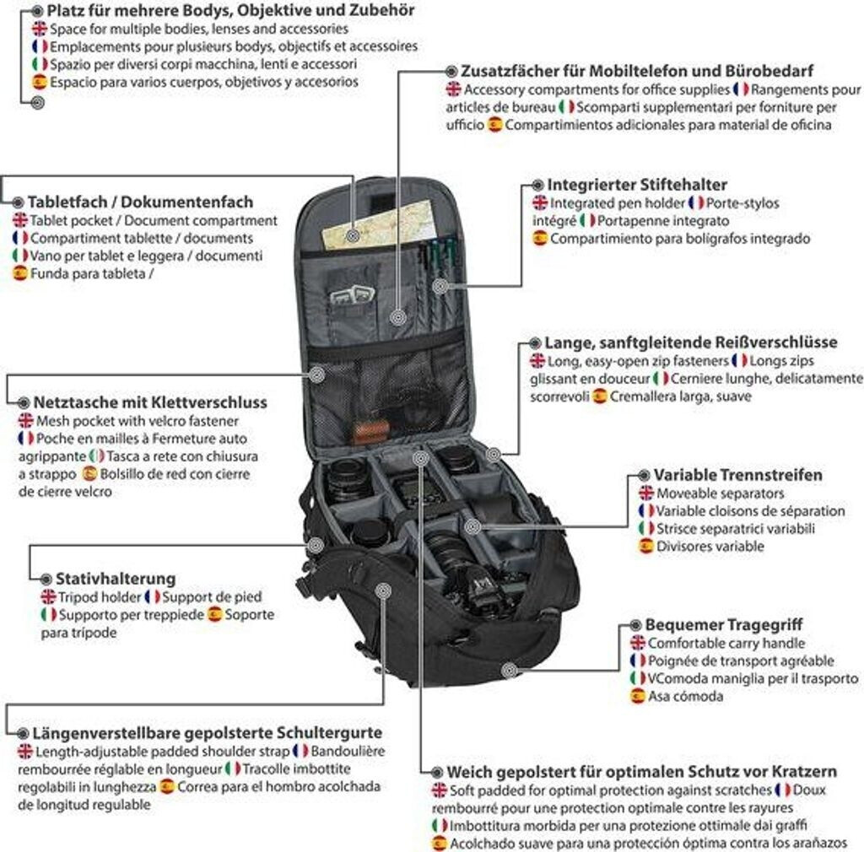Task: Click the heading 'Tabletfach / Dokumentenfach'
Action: pyautogui.click(x=141, y=202)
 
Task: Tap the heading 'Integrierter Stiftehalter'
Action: pyautogui.click(x=637, y=185)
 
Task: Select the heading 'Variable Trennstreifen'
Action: pyautogui.click(x=737, y=475)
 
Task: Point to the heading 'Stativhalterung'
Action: pyautogui.click(x=116, y=579)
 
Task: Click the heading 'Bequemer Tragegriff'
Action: pyautogui.click(x=723, y=625)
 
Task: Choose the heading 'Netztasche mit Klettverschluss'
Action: pyautogui.click(x=150, y=402)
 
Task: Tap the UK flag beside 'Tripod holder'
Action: pyautogui.click(x=48, y=597)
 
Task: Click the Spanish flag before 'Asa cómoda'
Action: pyautogui.click(x=638, y=696)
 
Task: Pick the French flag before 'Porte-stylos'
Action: pyautogui.click(x=696, y=203)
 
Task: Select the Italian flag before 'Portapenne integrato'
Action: pyautogui.click(x=587, y=221)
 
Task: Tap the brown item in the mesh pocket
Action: pyautogui.click(x=370, y=433)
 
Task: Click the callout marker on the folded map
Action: pyautogui.click(x=354, y=235)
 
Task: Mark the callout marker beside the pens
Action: pyautogui.click(x=440, y=286)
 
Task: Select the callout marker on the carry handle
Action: pyautogui.click(x=510, y=671)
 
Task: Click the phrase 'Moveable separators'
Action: pyautogui.click(x=721, y=493)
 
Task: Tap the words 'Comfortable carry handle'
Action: pyautogui.click(x=726, y=644)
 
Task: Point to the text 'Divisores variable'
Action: pyautogui.click(x=710, y=547)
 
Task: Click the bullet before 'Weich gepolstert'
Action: pyautogui.click(x=437, y=772)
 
